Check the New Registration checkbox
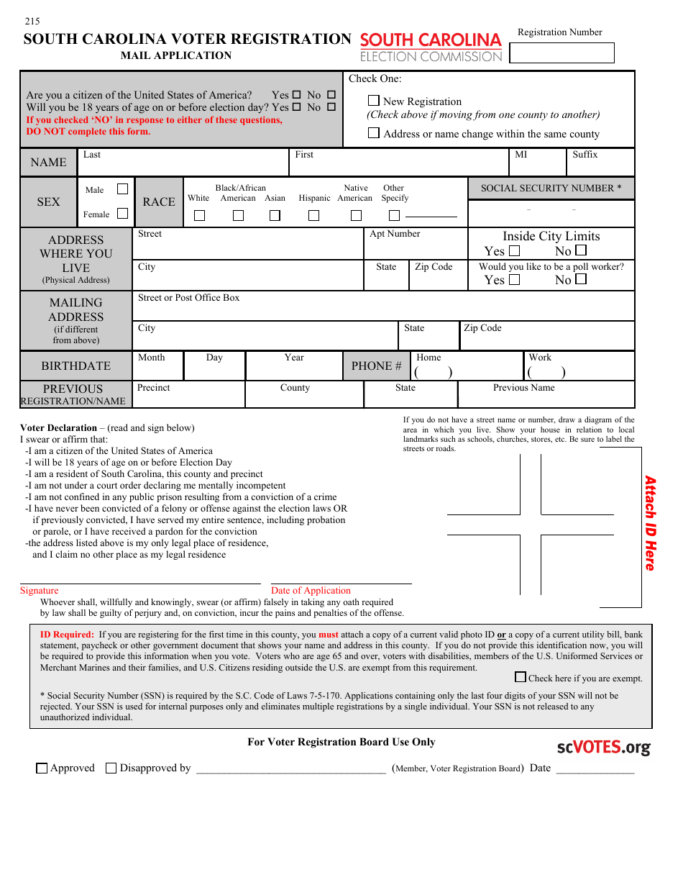[x=374, y=101]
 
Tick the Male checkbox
[x=123, y=189]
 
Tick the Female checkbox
[x=123, y=214]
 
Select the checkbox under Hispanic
[x=314, y=215]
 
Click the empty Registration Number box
[x=561, y=53]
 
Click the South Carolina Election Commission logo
[x=431, y=47]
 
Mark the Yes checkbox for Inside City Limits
[x=514, y=251]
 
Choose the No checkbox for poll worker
[x=581, y=279]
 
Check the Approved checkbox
[x=42, y=768]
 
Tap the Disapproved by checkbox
[x=111, y=768]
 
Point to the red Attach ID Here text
[x=650, y=523]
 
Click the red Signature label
[x=39, y=591]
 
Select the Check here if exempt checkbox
[x=521, y=677]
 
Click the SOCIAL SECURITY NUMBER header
[x=551, y=189]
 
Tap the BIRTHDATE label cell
[x=75, y=366]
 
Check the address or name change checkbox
[x=374, y=133]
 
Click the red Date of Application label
[x=311, y=591]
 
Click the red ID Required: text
[x=67, y=635]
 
